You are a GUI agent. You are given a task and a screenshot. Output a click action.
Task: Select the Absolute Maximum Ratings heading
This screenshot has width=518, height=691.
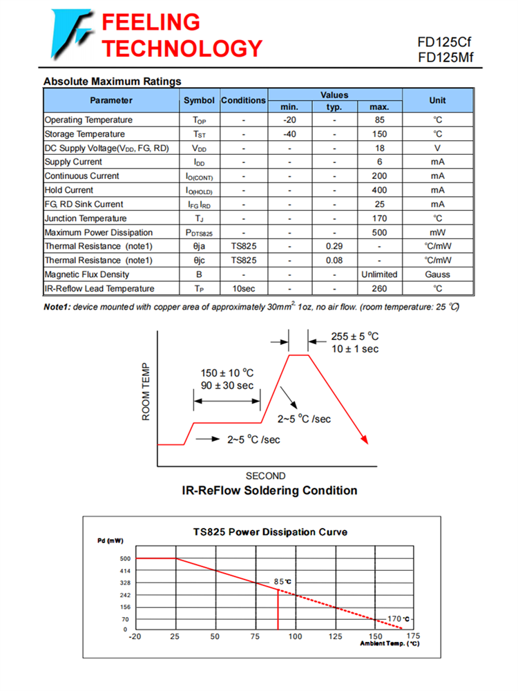112,82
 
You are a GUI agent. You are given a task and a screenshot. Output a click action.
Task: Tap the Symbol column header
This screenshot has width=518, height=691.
199,100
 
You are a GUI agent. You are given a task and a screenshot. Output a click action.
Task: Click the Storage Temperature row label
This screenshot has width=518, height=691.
85,134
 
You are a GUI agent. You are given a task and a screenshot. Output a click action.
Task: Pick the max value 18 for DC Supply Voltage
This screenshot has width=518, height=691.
379,148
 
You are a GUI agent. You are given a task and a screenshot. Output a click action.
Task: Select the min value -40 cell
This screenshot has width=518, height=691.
290,134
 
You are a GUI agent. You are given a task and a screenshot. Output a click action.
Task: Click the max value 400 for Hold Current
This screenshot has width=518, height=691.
379,190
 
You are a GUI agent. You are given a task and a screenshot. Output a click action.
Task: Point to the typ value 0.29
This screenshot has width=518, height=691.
334,246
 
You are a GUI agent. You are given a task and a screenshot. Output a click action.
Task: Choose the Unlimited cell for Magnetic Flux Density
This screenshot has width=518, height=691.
379,274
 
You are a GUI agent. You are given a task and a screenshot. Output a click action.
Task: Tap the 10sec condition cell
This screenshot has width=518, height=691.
243,288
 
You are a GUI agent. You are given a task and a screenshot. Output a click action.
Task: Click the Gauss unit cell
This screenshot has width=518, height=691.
437,274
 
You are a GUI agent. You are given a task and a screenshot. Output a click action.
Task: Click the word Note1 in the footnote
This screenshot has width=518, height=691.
57,306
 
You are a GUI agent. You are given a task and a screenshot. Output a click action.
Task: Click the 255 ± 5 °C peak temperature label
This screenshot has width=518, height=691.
354,337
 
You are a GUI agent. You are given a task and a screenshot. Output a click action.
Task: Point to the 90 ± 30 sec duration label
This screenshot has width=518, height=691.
227,385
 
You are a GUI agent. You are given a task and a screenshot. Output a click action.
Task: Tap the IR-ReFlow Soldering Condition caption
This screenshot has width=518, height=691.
269,491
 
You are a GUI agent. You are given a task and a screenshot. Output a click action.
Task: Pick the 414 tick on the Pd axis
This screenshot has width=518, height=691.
124,571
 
